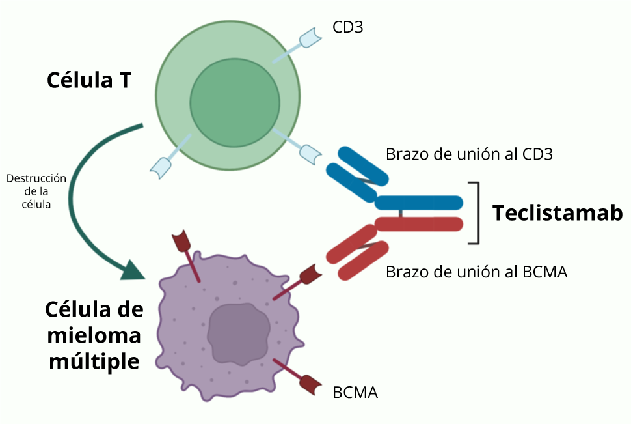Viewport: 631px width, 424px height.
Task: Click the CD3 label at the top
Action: coord(347,28)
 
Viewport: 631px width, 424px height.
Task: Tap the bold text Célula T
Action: coord(88,80)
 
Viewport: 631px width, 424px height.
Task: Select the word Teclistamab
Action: coord(557,213)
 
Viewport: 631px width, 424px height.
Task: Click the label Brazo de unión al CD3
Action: coord(469,154)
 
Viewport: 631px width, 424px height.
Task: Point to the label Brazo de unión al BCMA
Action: coord(476,272)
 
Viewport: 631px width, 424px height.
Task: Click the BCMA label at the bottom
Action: coord(355,392)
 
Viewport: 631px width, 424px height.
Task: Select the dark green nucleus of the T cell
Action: coord(235,104)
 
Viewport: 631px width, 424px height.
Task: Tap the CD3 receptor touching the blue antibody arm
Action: coord(310,154)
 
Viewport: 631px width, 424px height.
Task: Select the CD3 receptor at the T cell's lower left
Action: coord(161,167)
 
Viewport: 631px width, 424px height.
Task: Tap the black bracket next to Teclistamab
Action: coord(478,213)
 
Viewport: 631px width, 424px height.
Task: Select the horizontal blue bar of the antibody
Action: coord(419,203)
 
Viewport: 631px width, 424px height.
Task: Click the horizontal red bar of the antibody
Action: coord(419,223)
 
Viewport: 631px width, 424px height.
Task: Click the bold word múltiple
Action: coord(94,361)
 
